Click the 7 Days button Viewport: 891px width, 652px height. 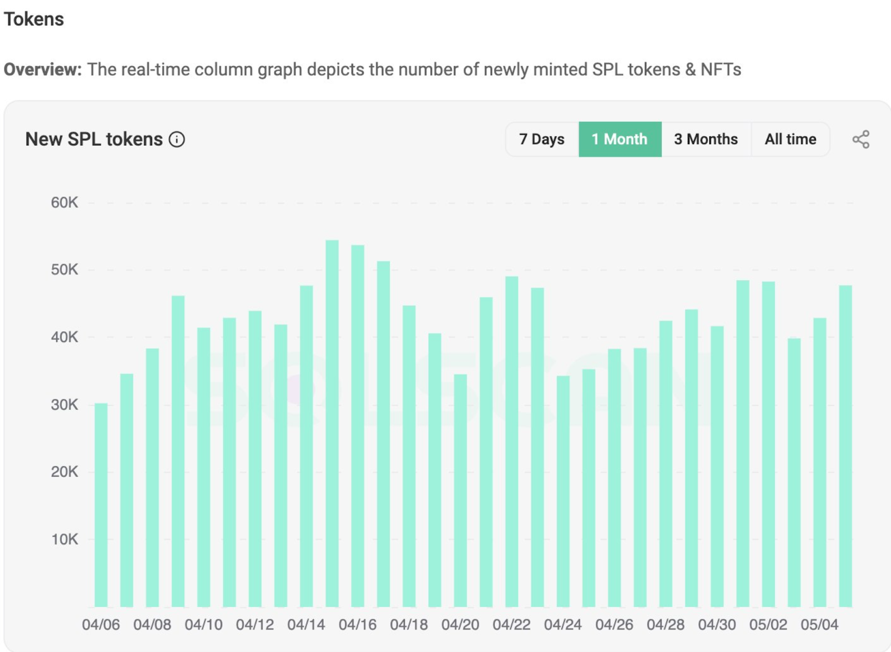point(542,139)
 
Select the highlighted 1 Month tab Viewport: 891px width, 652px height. point(620,139)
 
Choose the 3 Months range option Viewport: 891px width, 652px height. point(706,139)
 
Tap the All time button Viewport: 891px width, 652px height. point(790,139)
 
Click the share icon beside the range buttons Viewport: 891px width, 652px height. point(861,139)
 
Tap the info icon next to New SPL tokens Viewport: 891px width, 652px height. point(177,140)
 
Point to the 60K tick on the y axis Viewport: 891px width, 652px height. point(65,203)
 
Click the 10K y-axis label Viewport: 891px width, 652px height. point(65,540)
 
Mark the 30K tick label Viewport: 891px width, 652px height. point(65,405)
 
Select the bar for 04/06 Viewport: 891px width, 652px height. point(101,505)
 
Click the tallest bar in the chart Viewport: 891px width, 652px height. point(332,424)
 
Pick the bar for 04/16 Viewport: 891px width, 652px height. point(358,426)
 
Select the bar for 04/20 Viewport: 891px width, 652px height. point(460,491)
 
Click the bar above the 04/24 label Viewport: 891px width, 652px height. point(563,491)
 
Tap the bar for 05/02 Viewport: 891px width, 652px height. point(768,444)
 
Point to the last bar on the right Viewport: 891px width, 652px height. point(846,447)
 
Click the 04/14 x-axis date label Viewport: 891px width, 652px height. point(306,625)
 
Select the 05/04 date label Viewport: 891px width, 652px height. point(819,625)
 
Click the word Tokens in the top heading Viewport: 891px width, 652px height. point(34,19)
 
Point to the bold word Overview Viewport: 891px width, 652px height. point(42,70)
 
